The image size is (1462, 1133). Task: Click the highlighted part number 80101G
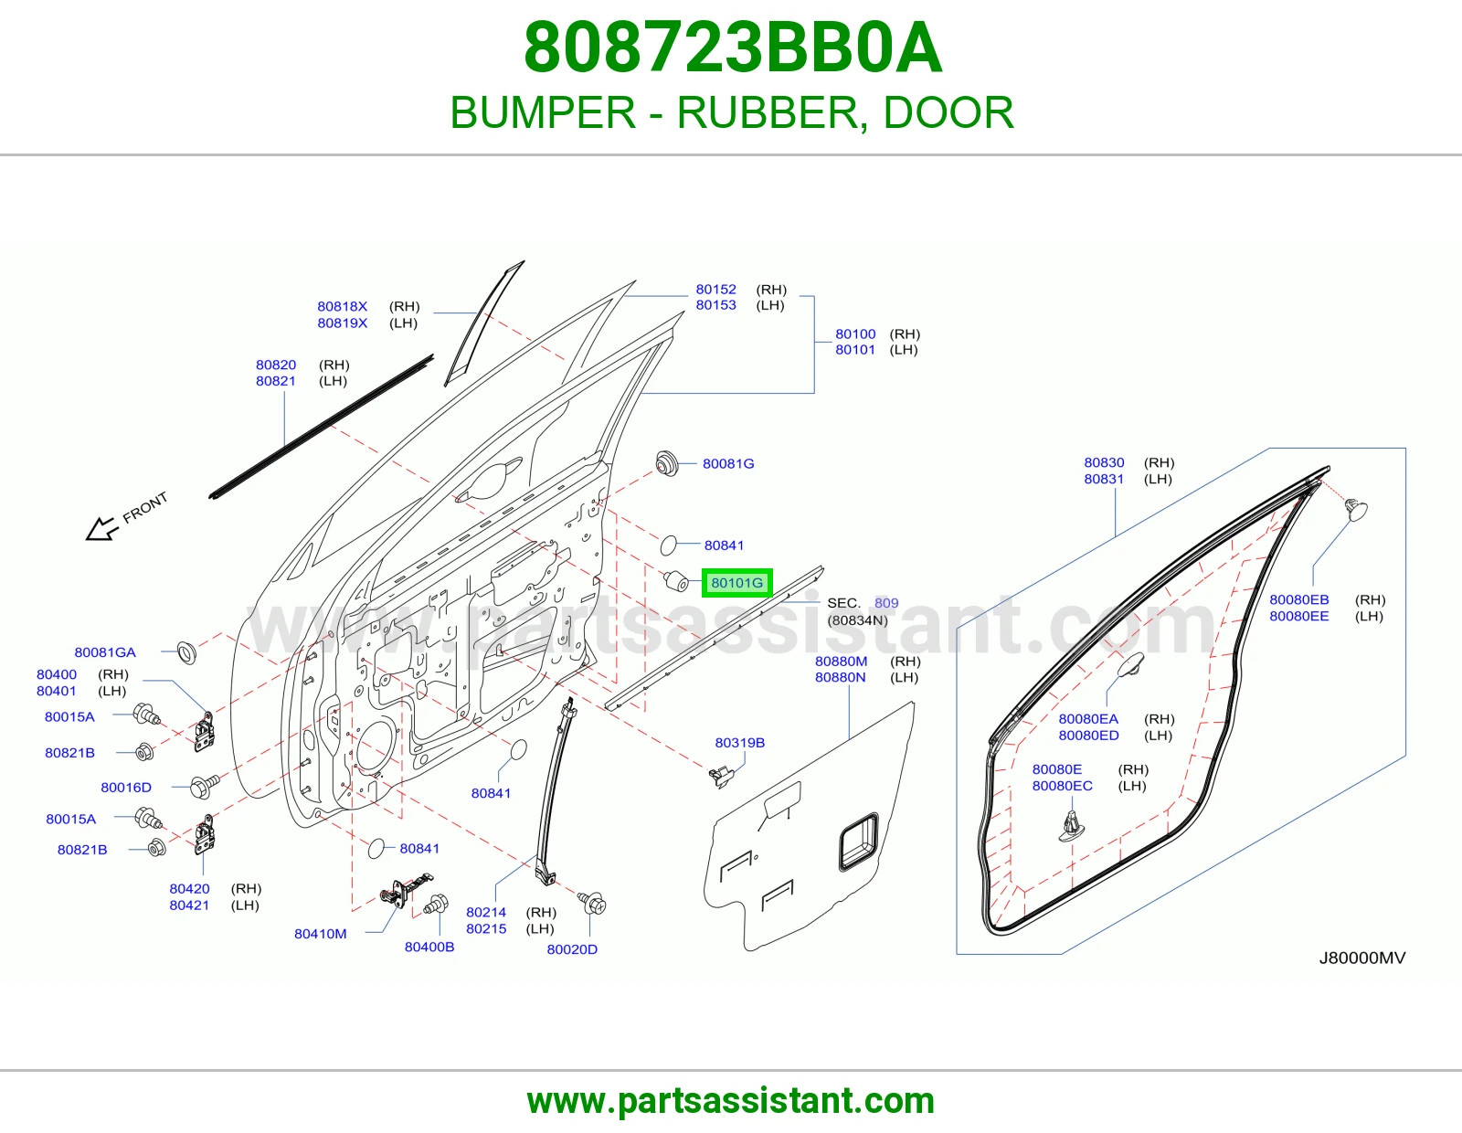(x=736, y=583)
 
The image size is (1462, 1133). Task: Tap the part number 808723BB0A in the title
(x=733, y=48)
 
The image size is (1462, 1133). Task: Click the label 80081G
(x=728, y=463)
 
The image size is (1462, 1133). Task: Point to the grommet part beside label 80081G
(x=667, y=463)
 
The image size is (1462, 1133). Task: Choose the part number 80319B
(x=739, y=743)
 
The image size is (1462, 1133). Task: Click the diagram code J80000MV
(x=1362, y=958)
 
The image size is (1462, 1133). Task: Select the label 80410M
(x=320, y=933)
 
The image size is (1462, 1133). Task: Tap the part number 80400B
(x=429, y=947)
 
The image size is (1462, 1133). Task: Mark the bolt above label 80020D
(x=593, y=902)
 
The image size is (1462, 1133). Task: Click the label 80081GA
(x=105, y=652)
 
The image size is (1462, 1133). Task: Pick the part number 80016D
(x=126, y=788)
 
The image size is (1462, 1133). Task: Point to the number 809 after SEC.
(x=886, y=603)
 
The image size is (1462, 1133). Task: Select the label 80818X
(x=343, y=306)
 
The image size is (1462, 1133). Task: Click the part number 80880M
(x=841, y=662)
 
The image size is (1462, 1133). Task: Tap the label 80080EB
(x=1299, y=599)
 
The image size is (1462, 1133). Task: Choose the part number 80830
(x=1104, y=462)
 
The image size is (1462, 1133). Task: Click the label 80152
(x=715, y=289)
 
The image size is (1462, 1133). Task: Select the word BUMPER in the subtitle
(x=543, y=112)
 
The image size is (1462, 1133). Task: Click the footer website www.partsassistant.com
(x=731, y=1101)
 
